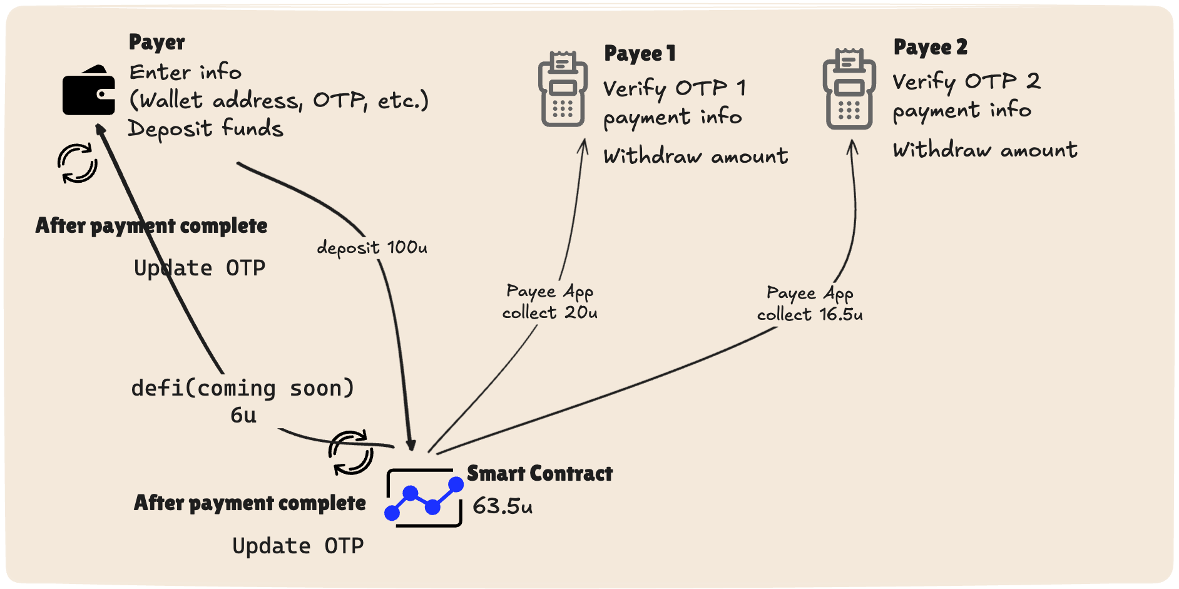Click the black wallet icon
point(89,91)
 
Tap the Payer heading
point(156,43)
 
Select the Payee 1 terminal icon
point(563,90)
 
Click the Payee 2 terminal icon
point(849,90)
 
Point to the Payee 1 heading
point(640,54)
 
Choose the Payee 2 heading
point(930,48)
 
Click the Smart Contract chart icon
point(424,498)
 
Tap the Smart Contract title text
point(539,474)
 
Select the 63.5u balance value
point(503,506)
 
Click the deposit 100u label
point(372,248)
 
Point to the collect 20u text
point(549,312)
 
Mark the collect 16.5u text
point(809,314)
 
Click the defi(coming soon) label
point(242,388)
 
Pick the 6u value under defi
point(243,415)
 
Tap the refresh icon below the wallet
point(78,163)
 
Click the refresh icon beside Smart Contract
point(350,453)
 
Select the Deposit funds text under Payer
point(205,128)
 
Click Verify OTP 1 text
point(674,88)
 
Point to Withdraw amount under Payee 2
point(984,150)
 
